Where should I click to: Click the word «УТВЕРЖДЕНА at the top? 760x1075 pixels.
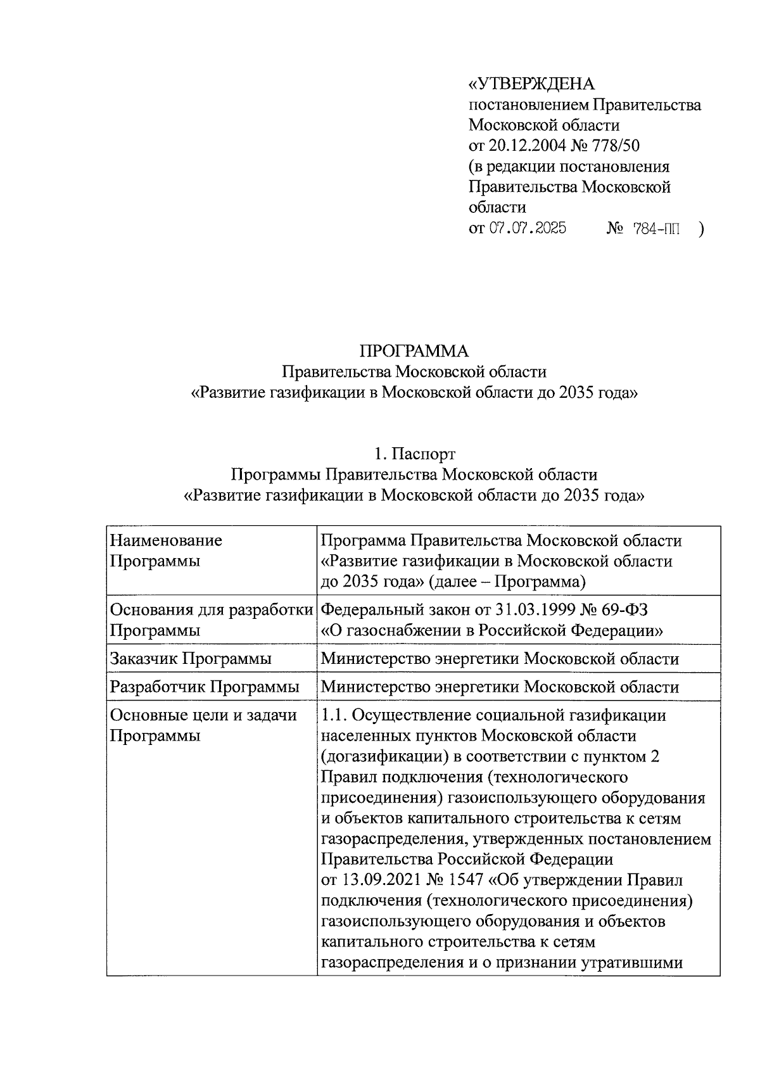coord(531,84)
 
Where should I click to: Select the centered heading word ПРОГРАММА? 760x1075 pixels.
coord(414,351)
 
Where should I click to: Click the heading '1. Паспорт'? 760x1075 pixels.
coord(414,454)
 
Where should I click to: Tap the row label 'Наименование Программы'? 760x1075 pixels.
coord(166,550)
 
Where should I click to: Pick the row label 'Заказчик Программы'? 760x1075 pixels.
coord(191,659)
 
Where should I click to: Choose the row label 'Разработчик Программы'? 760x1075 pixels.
coord(205,687)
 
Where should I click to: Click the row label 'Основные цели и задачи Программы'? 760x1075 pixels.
coord(203,725)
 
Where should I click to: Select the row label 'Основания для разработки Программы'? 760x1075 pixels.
coord(212,620)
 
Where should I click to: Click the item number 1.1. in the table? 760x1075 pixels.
coord(334,715)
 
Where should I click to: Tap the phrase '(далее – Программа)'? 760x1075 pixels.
coord(507,582)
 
